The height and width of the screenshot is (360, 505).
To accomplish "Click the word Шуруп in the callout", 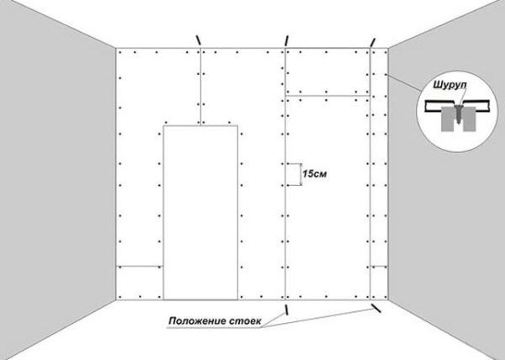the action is [x=449, y=86].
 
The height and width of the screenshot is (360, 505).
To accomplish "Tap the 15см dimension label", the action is [x=314, y=174].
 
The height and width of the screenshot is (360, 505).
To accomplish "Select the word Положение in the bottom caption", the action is [x=198, y=321].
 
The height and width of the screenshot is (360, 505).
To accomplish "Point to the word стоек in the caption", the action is [x=246, y=321].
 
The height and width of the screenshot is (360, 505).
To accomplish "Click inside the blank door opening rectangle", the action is [x=200, y=213].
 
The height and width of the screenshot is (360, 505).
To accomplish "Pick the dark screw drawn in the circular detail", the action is [x=459, y=114].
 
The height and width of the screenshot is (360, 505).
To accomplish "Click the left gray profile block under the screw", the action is [x=449, y=119].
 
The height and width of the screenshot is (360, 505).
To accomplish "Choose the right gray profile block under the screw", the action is [x=470, y=119].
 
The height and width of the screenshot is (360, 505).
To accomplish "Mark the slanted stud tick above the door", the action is [x=199, y=40].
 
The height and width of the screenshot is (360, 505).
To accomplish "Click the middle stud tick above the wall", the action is [x=286, y=41].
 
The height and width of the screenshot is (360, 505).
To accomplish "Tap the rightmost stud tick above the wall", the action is [x=373, y=42].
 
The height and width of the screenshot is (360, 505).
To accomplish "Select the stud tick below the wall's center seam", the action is [x=285, y=310].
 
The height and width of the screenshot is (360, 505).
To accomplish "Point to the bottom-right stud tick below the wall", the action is [x=376, y=308].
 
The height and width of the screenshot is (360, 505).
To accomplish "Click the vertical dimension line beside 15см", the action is [x=301, y=175].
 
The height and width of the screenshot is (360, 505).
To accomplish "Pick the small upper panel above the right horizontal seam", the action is [x=327, y=71].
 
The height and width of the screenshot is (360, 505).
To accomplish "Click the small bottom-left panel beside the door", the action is [x=140, y=283].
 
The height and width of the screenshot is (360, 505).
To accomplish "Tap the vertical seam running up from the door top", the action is [x=200, y=87].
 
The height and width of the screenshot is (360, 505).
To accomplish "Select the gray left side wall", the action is [x=57, y=174].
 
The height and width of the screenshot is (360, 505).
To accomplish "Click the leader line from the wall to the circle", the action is [x=405, y=82].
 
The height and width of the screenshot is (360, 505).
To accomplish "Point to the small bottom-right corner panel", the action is [x=379, y=283].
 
